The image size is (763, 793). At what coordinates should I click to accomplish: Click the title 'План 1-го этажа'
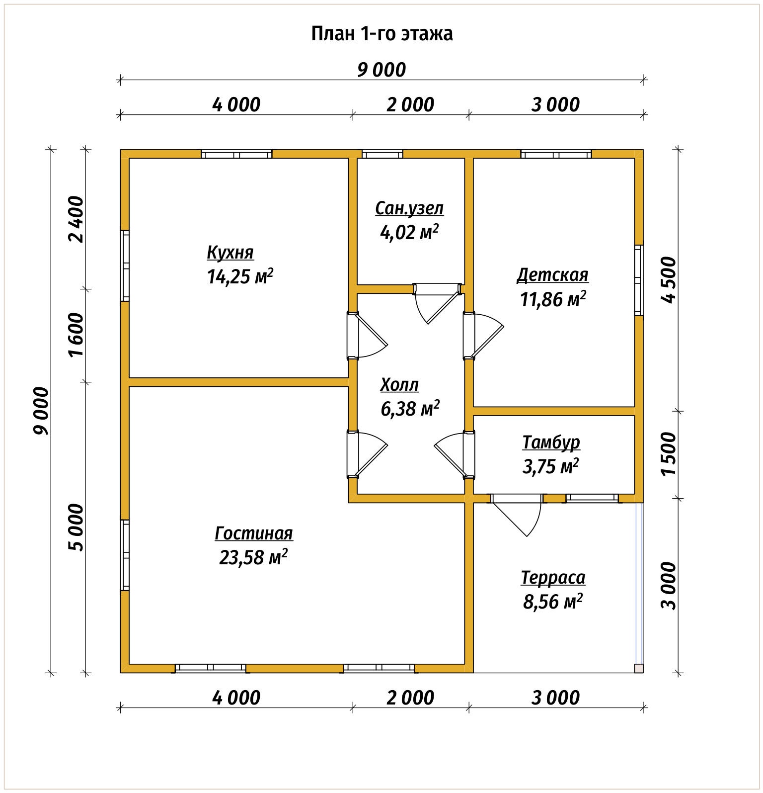click(x=381, y=34)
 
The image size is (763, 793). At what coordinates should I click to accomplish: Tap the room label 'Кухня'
click(x=230, y=253)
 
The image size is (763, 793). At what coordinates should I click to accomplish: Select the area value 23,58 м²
click(x=253, y=557)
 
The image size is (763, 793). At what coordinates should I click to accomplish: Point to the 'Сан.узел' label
click(x=409, y=208)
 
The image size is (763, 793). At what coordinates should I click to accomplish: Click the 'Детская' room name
click(x=552, y=275)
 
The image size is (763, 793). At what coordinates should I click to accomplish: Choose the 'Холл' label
click(x=399, y=385)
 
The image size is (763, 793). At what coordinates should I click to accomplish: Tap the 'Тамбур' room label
click(x=551, y=442)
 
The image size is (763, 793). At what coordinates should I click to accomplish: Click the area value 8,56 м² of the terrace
click(x=552, y=602)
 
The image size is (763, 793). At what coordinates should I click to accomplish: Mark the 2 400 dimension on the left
click(x=76, y=219)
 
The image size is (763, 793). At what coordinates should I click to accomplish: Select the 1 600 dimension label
click(x=76, y=335)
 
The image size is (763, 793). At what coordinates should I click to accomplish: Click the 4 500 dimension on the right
click(x=669, y=280)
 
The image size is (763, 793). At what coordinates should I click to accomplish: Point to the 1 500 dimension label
click(x=669, y=453)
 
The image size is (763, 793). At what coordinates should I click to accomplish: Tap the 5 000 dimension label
click(x=76, y=528)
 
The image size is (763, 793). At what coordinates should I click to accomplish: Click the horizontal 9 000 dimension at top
click(x=381, y=70)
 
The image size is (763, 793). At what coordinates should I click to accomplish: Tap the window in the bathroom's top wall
click(x=382, y=154)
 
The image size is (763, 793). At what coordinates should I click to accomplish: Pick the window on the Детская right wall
click(x=639, y=280)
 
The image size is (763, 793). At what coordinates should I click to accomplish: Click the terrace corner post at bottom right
click(x=639, y=668)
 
